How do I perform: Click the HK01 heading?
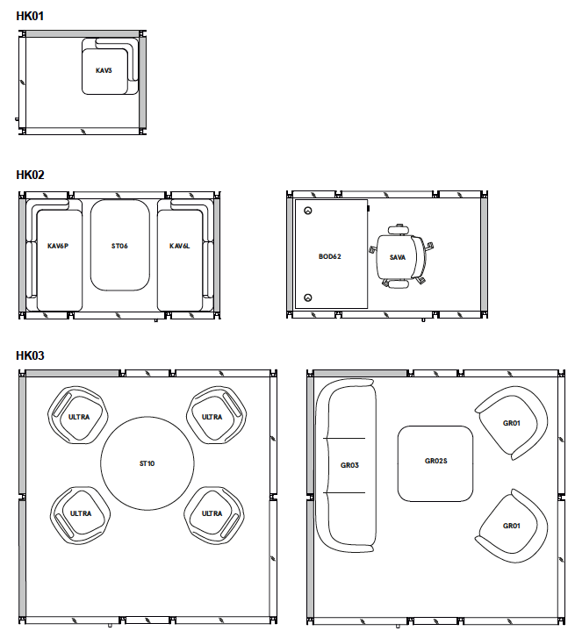[30, 16]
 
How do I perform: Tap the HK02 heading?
[30, 175]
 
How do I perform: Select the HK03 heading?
[30, 355]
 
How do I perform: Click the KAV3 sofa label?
[104, 70]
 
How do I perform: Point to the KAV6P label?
[58, 246]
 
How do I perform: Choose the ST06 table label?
[119, 246]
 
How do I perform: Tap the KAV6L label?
[179, 246]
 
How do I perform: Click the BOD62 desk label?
[329, 256]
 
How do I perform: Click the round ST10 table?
[147, 463]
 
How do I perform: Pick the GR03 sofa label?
[349, 465]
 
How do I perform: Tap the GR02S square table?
[435, 463]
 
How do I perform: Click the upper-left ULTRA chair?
[78, 415]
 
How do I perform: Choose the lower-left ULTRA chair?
[81, 515]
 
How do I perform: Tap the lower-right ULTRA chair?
[213, 515]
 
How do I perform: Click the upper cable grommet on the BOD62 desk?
[308, 211]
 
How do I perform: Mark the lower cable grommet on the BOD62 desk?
[308, 297]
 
